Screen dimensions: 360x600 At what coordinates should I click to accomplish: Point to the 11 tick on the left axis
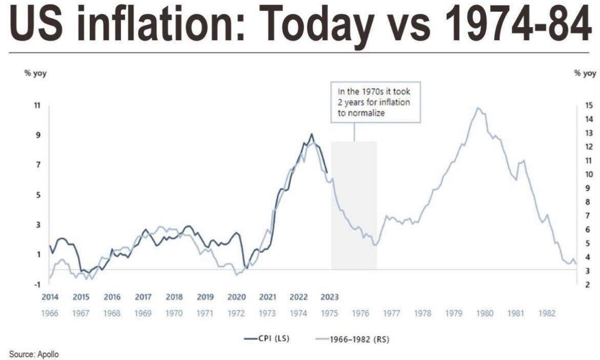coord(36,105)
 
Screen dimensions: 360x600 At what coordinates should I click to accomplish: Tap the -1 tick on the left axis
coord(36,285)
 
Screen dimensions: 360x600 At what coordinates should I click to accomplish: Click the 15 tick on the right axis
coord(589,106)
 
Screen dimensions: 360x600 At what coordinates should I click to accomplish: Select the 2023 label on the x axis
coord(329,297)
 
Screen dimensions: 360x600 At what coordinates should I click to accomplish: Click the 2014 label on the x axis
coord(50,297)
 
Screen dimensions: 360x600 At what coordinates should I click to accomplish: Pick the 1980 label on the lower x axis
coord(485,313)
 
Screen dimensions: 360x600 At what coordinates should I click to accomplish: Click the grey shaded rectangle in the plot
coord(354,205)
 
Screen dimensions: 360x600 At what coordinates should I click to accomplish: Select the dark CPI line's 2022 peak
coord(311,134)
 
